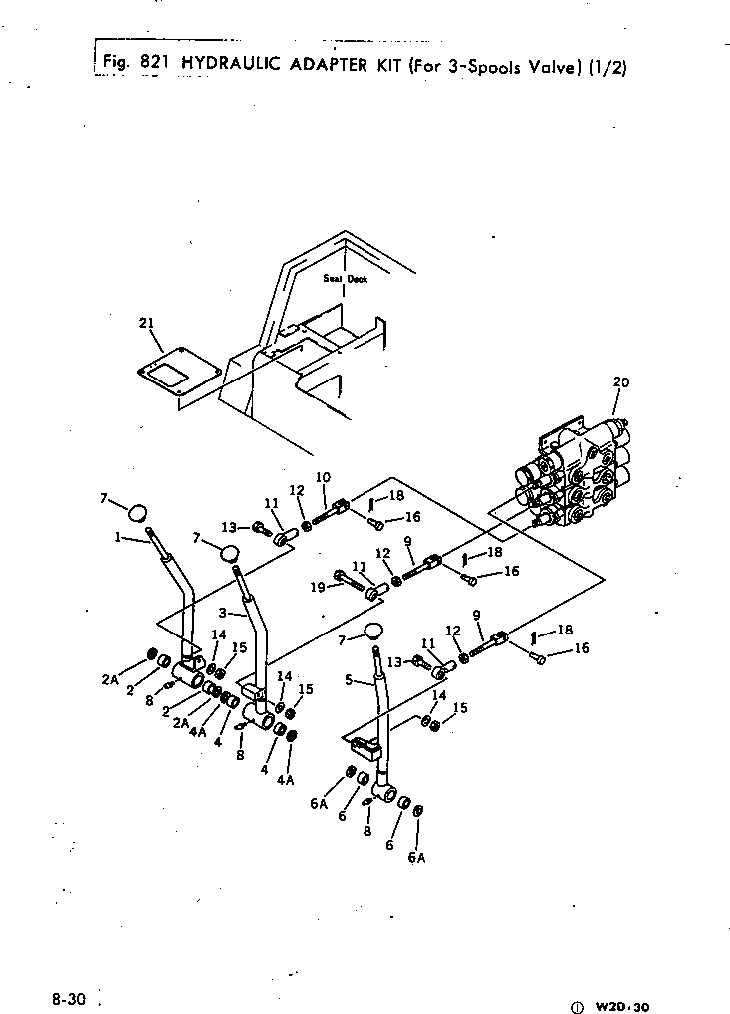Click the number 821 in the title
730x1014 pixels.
pyautogui.click(x=155, y=62)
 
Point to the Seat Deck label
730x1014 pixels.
pyautogui.click(x=345, y=279)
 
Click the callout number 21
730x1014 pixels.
pyautogui.click(x=146, y=322)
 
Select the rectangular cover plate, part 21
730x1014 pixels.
pyautogui.click(x=169, y=376)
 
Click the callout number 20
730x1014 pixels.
pyautogui.click(x=621, y=382)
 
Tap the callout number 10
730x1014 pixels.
pyautogui.click(x=322, y=477)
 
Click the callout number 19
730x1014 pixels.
pyautogui.click(x=319, y=588)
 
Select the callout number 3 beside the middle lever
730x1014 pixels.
pyautogui.click(x=223, y=612)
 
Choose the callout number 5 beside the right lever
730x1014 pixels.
pyautogui.click(x=350, y=682)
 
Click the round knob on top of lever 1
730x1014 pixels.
pyautogui.click(x=138, y=513)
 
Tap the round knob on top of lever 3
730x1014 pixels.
pyautogui.click(x=231, y=551)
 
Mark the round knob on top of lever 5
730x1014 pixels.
pyautogui.click(x=375, y=631)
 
